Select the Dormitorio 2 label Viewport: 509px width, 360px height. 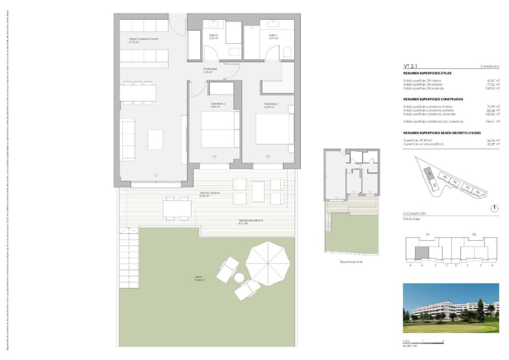coord(215,105)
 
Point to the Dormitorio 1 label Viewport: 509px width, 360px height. coord(271,105)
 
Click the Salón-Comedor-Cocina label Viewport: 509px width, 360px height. coord(144,40)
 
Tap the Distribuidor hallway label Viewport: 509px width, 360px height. coord(210,70)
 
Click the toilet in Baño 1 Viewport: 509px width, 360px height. coord(287,53)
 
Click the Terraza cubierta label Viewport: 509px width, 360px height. coord(209,194)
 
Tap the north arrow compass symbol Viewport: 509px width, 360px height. coord(494,208)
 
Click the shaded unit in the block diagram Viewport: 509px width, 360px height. coord(422,253)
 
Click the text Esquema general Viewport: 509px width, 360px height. coord(351,262)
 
